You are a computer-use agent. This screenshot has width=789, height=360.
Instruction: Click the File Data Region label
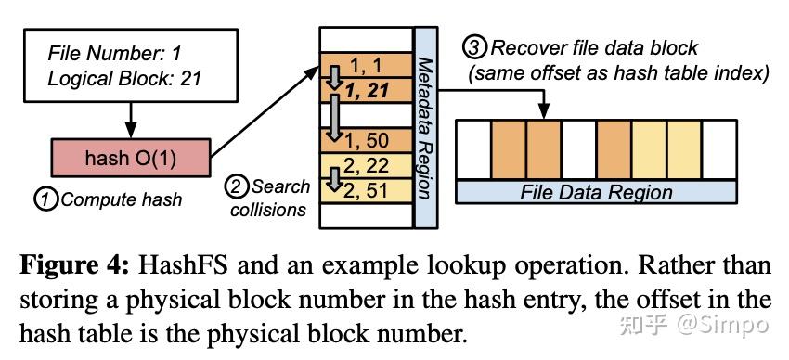pos(596,192)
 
